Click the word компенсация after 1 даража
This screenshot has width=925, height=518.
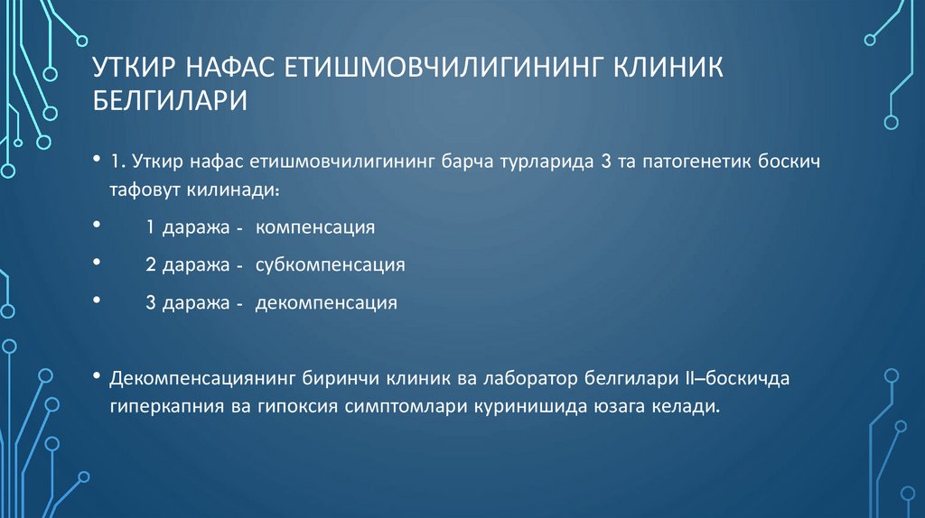(x=315, y=227)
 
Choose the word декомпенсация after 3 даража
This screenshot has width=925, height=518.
(x=326, y=303)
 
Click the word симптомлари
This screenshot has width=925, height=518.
(x=403, y=406)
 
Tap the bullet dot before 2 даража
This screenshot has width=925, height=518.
(x=97, y=262)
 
